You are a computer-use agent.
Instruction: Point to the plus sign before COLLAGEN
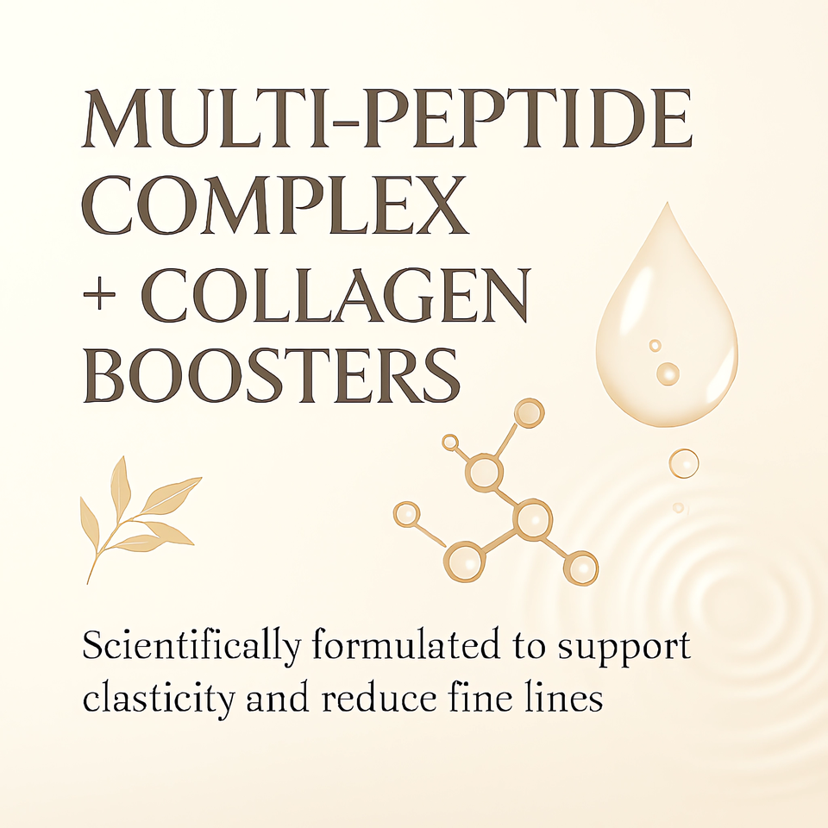(x=103, y=295)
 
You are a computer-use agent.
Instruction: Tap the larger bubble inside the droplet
(x=667, y=373)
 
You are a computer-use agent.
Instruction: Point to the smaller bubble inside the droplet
(x=655, y=346)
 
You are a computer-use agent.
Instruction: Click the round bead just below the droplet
(x=683, y=463)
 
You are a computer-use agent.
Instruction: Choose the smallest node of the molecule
(x=449, y=442)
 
